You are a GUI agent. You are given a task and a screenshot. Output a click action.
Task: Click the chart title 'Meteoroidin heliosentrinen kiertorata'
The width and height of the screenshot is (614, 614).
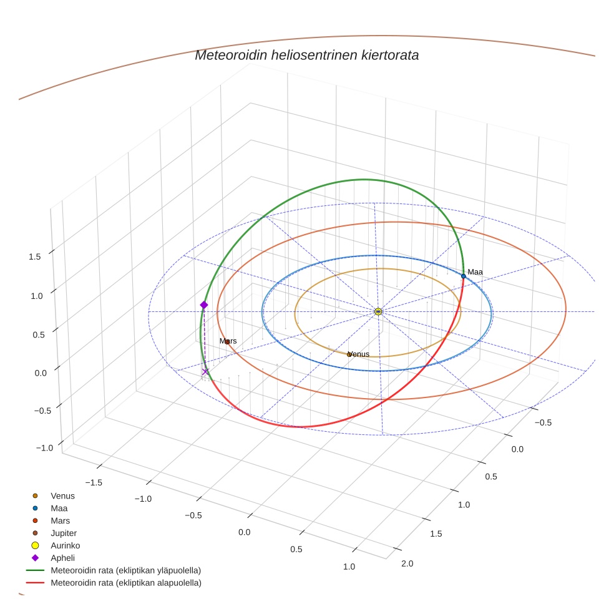[306, 55]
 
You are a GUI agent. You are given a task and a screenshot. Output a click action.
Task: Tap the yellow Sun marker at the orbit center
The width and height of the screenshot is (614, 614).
[378, 311]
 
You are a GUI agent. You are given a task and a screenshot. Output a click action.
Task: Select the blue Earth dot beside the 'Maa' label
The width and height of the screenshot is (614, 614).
[464, 276]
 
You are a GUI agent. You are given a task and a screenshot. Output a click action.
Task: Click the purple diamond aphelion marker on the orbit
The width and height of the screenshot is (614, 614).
[203, 305]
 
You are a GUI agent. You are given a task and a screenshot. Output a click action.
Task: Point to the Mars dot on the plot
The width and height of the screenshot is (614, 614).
[227, 342]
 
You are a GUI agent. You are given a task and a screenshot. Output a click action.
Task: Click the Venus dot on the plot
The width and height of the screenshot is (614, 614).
[349, 354]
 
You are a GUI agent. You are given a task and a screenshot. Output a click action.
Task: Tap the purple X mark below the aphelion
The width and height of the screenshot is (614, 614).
[205, 372]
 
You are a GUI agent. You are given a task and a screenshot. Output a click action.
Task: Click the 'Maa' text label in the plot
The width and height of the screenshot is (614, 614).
[475, 272]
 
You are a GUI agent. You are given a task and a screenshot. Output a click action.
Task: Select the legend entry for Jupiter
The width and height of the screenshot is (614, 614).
[64, 533]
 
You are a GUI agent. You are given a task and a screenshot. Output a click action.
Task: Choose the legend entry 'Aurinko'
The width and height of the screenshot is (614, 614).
[65, 545]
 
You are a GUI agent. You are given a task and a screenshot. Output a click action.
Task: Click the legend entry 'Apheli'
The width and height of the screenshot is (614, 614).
[62, 558]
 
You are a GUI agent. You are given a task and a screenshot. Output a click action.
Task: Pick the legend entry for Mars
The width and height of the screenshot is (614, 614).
[60, 520]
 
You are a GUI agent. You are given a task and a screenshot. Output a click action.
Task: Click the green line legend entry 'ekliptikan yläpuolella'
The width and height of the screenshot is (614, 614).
[125, 570]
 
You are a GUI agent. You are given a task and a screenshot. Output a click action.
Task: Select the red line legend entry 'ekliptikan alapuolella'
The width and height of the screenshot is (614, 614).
[125, 583]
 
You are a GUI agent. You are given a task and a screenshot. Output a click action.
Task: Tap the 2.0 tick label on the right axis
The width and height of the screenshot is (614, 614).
[406, 564]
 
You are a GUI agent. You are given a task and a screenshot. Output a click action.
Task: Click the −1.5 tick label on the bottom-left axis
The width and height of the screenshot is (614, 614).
[93, 482]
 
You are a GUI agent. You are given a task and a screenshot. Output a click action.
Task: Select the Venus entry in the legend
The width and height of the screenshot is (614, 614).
[62, 496]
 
